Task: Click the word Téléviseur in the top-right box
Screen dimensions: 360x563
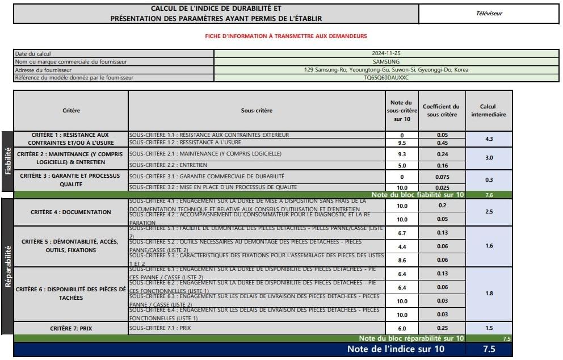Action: (489, 14)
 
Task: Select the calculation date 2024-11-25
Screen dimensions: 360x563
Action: (386, 53)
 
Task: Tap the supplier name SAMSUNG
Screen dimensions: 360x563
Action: (386, 61)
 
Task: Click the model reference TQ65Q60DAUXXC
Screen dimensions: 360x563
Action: (386, 78)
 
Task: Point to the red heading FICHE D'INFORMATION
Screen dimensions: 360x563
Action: (286, 36)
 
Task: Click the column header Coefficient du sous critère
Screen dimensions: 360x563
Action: (442, 110)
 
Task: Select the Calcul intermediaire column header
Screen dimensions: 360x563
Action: (489, 110)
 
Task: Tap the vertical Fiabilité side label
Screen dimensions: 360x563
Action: (8, 161)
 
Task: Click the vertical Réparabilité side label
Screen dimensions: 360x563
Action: (8, 267)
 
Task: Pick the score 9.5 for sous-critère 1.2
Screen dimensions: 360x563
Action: (402, 143)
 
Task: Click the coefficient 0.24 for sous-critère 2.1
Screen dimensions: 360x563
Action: (442, 154)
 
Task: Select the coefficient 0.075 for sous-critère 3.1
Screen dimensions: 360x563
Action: (442, 177)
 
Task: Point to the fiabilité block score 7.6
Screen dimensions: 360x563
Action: (489, 195)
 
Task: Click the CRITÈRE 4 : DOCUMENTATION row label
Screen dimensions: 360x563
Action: (71, 212)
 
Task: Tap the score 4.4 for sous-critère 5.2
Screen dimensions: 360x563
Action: (402, 247)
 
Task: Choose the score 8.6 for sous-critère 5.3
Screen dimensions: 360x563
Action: (402, 259)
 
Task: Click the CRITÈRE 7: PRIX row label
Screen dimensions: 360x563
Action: (71, 328)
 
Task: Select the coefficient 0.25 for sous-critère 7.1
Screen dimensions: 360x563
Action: (442, 328)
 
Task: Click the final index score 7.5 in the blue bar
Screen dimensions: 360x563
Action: (489, 349)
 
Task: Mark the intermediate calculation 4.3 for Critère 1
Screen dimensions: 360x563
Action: (489, 139)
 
